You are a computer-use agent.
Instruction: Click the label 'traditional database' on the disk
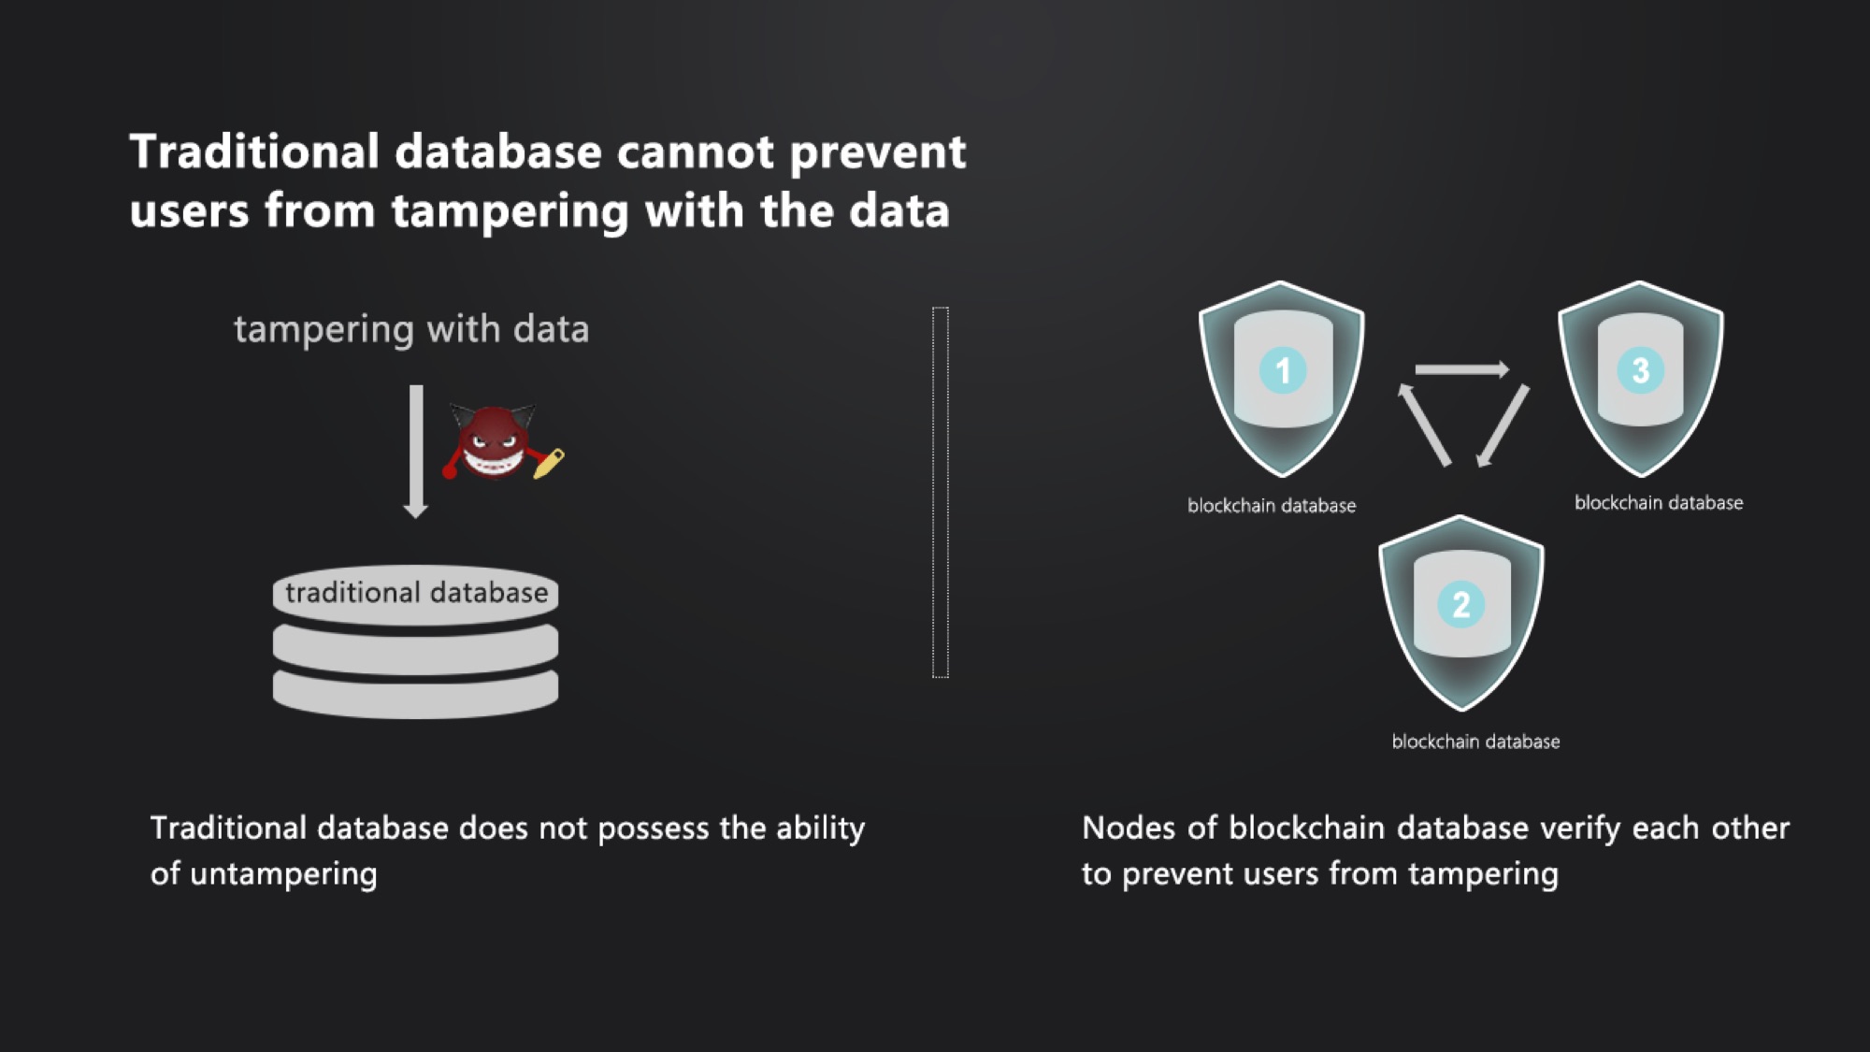coord(416,593)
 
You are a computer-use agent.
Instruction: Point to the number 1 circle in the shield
coord(1283,370)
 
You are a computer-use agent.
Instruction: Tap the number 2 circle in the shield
coord(1461,604)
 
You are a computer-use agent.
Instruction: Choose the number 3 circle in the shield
coord(1641,370)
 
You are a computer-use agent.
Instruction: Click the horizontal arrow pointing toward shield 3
coord(1461,369)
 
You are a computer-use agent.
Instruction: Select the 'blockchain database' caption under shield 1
coord(1272,506)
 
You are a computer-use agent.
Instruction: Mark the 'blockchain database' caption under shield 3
coord(1659,503)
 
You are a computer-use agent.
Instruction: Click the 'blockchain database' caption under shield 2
coord(1475,742)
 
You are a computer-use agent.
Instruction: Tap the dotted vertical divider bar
coord(941,492)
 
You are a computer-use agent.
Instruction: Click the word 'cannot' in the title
coord(695,151)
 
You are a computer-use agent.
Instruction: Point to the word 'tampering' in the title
coord(510,211)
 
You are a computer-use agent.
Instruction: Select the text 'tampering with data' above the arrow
coord(411,329)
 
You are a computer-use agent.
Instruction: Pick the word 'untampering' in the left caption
coord(283,874)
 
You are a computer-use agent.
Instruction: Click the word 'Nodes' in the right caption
coord(1127,829)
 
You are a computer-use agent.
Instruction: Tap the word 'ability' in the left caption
coord(820,829)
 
